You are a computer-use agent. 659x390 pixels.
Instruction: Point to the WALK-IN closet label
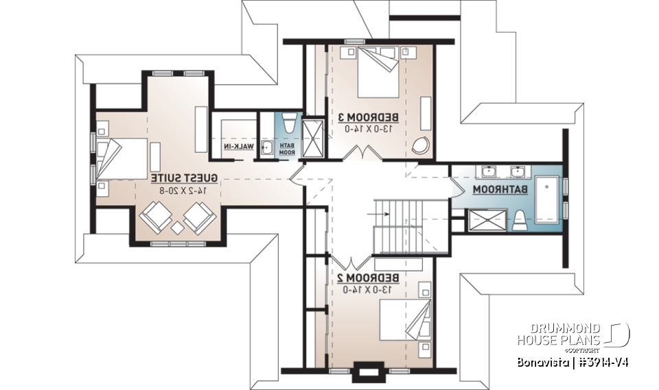coord(238,147)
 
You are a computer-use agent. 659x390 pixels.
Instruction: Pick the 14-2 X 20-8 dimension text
coord(184,188)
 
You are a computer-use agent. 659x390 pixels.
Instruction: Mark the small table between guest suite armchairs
coord(177,228)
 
